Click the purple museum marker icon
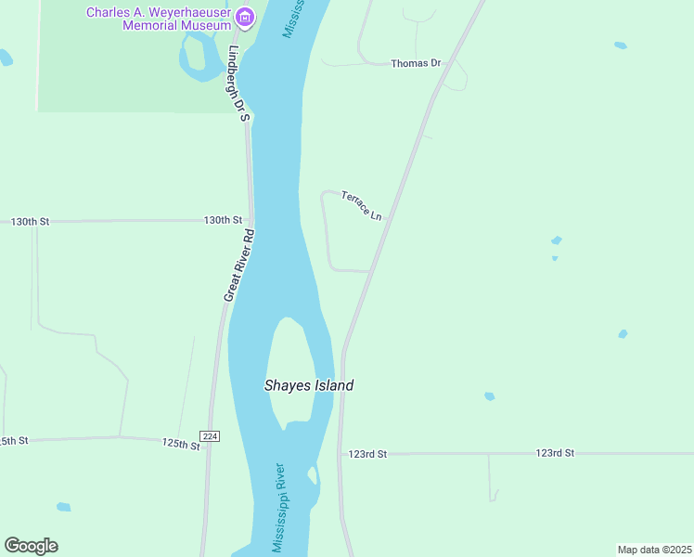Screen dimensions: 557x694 point(245,17)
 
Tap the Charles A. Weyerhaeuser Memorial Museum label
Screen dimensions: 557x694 point(159,19)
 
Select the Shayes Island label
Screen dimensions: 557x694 point(309,385)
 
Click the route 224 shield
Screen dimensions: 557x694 point(210,436)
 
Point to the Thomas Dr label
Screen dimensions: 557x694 point(415,63)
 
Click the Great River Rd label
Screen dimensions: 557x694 point(238,266)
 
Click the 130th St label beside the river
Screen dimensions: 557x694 point(223,220)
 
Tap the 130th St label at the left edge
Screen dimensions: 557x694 point(30,222)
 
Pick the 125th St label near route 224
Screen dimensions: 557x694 point(181,445)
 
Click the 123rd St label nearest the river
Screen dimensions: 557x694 point(366,454)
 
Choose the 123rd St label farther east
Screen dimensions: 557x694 point(555,453)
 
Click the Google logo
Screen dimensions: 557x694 point(31,546)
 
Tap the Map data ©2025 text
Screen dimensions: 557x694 point(654,550)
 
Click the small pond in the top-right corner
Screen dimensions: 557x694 point(620,45)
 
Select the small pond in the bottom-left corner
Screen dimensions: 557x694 point(63,507)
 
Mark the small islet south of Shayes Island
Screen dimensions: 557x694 point(313,475)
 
